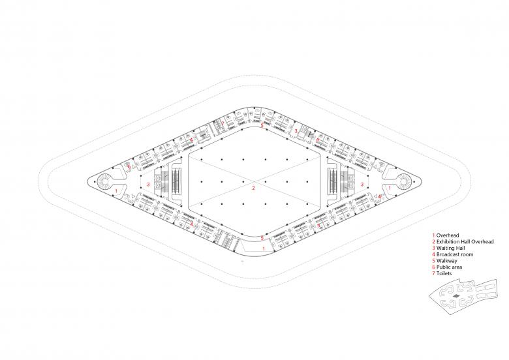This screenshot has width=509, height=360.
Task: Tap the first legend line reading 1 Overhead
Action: click(x=446, y=233)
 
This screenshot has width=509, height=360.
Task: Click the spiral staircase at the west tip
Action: click(x=105, y=185)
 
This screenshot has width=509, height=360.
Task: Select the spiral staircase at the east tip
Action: click(x=403, y=185)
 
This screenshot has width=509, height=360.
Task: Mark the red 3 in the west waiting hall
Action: click(x=149, y=185)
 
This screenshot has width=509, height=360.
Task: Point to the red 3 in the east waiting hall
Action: click(x=362, y=185)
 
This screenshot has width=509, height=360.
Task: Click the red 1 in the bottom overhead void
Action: click(x=263, y=248)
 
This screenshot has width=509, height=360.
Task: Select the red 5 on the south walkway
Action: click(x=262, y=238)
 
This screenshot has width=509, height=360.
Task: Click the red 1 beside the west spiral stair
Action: click(x=116, y=190)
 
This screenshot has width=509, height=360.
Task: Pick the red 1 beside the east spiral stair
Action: click(x=390, y=188)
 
